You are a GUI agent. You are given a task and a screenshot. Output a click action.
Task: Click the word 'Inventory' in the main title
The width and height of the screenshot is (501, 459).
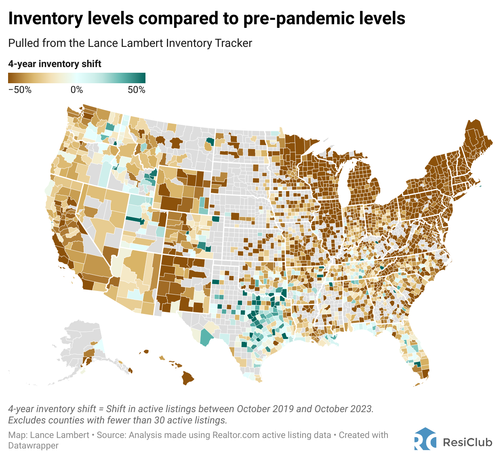tap(46, 19)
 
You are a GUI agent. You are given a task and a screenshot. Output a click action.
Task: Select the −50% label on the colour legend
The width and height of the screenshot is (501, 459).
tap(20, 90)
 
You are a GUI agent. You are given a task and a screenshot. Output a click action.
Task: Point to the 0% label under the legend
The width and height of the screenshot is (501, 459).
tap(77, 90)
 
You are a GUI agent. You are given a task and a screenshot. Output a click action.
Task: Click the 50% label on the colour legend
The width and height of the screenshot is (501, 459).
tap(136, 90)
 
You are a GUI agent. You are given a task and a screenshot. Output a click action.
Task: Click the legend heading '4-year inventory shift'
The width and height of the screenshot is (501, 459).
tap(55, 64)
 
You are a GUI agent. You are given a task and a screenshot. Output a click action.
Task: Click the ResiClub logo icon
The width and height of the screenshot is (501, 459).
tap(425, 439)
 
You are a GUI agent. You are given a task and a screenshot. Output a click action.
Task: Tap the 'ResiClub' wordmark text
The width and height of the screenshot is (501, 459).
tap(467, 442)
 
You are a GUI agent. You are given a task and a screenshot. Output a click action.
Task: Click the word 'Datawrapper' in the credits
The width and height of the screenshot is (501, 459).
tap(33, 446)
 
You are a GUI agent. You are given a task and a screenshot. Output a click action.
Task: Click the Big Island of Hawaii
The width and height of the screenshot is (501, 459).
tap(187, 378)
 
